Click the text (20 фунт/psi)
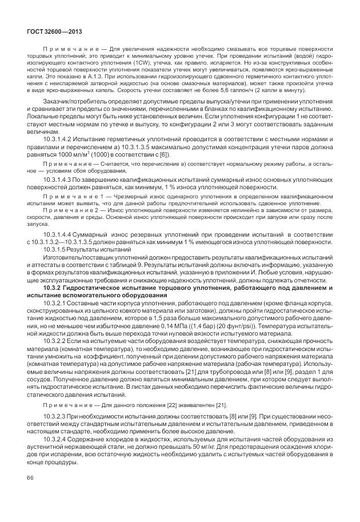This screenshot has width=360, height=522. tap(234, 325)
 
